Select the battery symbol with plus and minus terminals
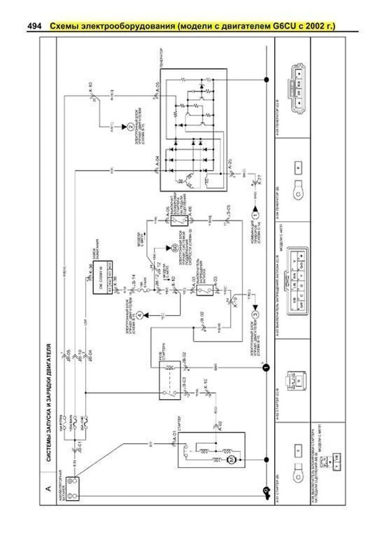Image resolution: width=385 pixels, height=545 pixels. (72, 488)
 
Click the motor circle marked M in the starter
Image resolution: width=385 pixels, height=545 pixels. (230, 460)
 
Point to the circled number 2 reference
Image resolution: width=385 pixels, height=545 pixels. (130, 127)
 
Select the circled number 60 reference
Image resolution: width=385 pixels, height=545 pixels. (175, 248)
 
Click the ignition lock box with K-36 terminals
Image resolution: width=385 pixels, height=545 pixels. (103, 278)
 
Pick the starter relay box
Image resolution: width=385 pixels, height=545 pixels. (170, 380)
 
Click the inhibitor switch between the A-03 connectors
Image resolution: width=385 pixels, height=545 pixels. (205, 290)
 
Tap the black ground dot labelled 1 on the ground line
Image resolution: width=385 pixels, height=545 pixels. (266, 367)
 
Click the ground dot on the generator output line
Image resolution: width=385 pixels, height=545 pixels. (266, 79)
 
